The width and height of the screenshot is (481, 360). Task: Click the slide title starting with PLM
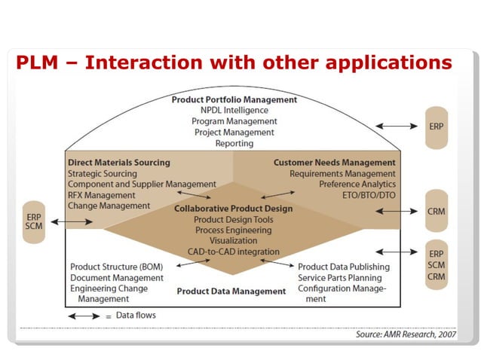pyautogui.click(x=234, y=63)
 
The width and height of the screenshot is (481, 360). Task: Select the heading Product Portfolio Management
pyautogui.click(x=234, y=99)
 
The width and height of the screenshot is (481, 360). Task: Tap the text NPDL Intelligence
pyautogui.click(x=234, y=110)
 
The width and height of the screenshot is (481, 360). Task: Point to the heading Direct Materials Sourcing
pyautogui.click(x=119, y=162)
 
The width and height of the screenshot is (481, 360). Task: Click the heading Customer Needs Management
pyautogui.click(x=334, y=162)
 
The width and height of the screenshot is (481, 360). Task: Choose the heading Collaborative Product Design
pyautogui.click(x=234, y=209)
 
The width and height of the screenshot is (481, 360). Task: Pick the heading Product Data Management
pyautogui.click(x=219, y=291)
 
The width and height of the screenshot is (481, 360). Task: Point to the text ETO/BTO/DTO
pyautogui.click(x=368, y=195)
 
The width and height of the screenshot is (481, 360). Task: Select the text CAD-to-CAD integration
pyautogui.click(x=234, y=252)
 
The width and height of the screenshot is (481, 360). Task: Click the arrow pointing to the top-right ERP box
pyautogui.click(x=394, y=127)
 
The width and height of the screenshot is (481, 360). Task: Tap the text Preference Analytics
pyautogui.click(x=357, y=184)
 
